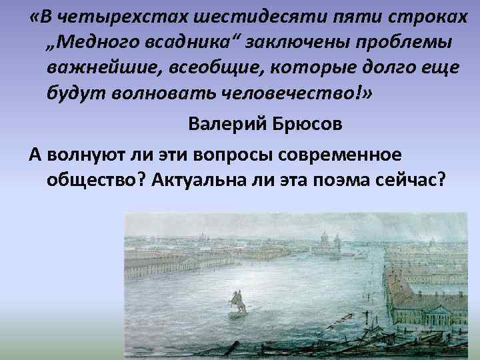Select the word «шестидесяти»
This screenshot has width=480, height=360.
(237, 15)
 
